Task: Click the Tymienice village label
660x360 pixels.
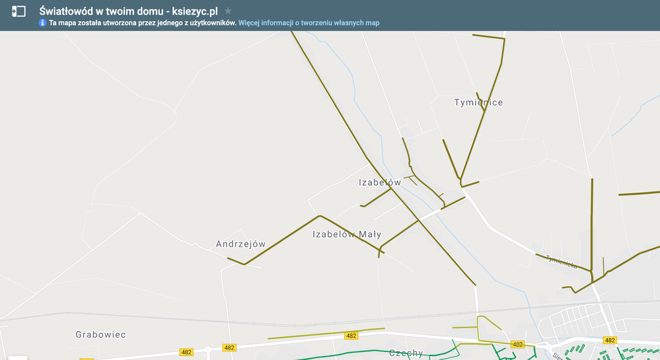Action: [478, 102]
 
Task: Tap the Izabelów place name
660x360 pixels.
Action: [380, 182]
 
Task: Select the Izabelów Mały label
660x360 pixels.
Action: [347, 234]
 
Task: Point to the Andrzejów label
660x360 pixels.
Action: [240, 244]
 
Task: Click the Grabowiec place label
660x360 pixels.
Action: [100, 335]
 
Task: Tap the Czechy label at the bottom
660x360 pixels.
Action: [406, 353]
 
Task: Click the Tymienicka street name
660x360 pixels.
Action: [562, 262]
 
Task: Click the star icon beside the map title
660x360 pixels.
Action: [228, 11]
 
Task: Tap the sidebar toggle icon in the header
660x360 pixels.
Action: [18, 11]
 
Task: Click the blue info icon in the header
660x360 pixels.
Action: [43, 22]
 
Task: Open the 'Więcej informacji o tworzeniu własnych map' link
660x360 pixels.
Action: [309, 22]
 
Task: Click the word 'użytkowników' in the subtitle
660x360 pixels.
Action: [211, 22]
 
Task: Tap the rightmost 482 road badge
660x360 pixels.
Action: [610, 340]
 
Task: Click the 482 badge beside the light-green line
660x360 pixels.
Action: [351, 336]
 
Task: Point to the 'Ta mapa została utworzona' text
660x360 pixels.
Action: [91, 22]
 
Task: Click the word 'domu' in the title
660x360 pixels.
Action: [147, 11]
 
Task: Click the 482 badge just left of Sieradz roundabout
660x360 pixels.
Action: [518, 344]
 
